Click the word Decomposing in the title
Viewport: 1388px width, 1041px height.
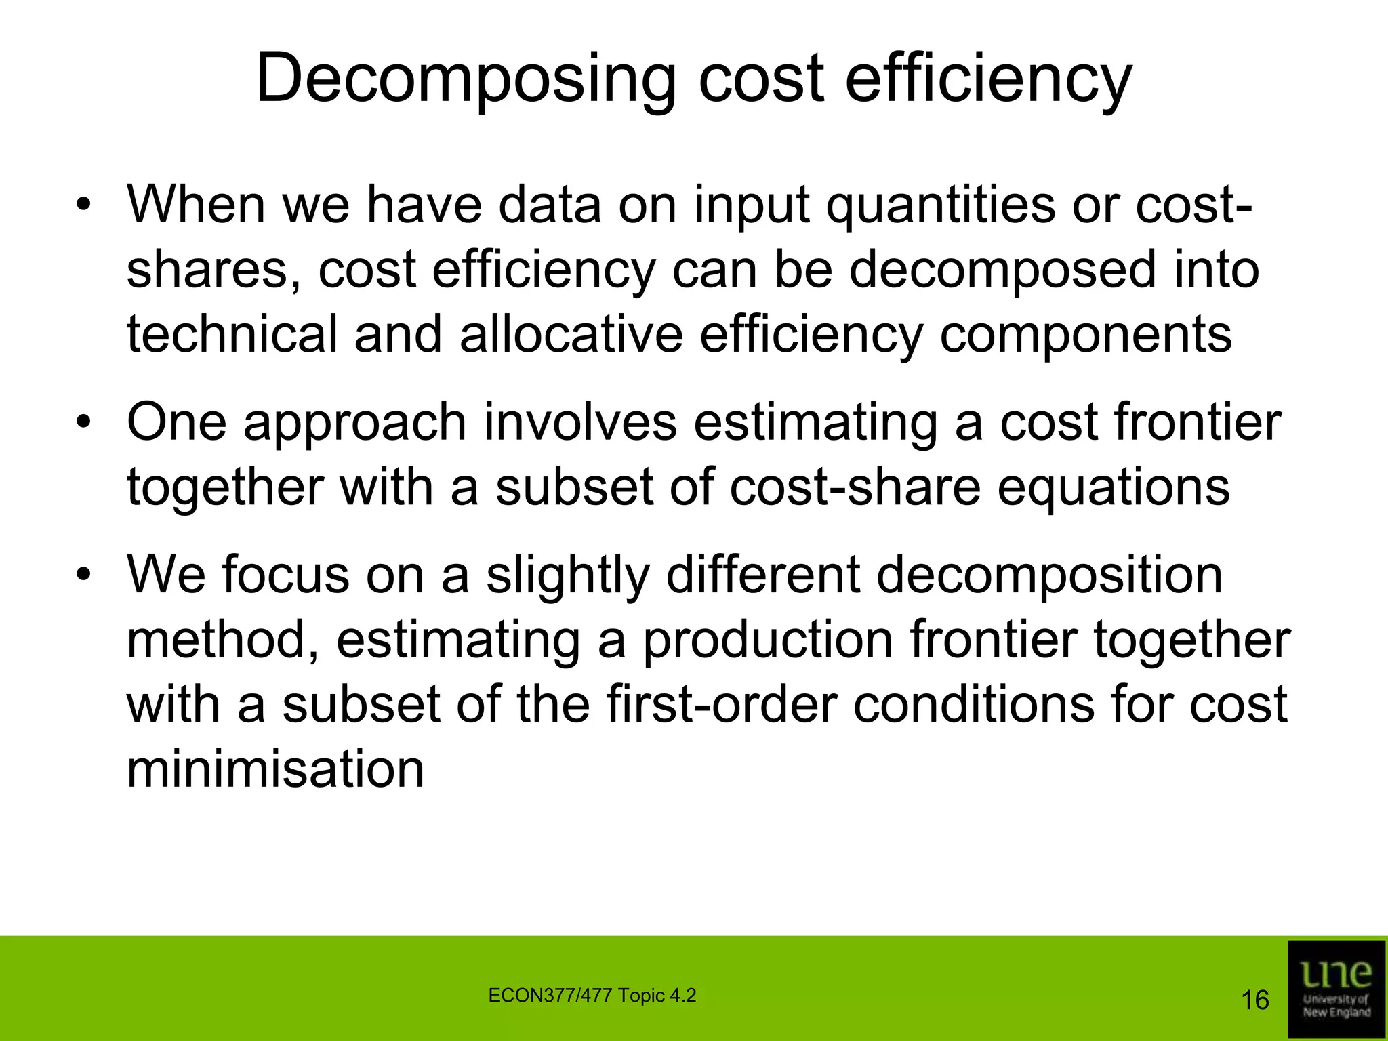point(466,80)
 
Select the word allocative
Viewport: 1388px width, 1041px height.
point(571,334)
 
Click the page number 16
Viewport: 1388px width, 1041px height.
point(1254,1000)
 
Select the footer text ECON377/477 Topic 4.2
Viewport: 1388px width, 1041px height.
point(592,996)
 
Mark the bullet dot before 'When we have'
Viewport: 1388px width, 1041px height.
point(83,206)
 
